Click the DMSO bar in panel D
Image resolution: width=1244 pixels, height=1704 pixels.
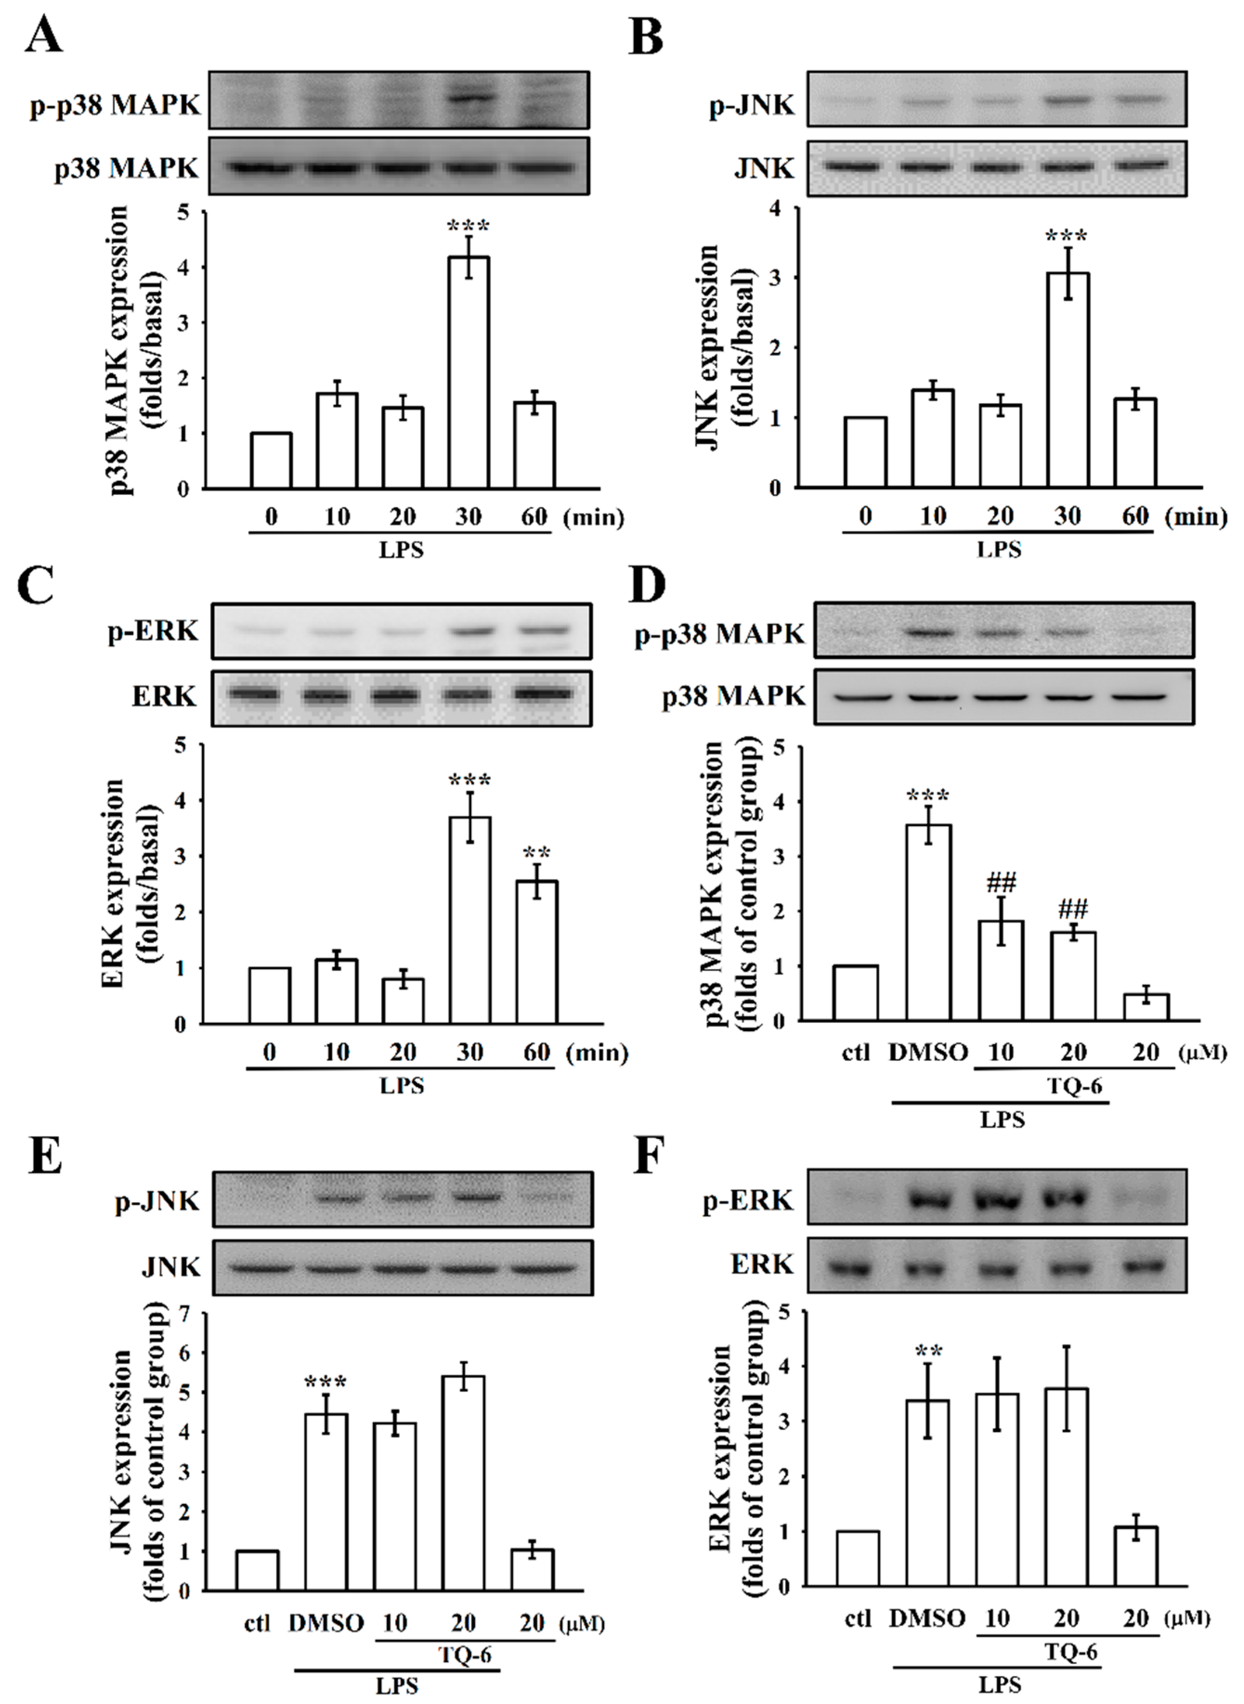(x=928, y=923)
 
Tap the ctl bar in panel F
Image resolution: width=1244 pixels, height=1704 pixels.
(x=858, y=1558)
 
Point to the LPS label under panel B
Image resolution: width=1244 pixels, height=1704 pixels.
(x=999, y=550)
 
